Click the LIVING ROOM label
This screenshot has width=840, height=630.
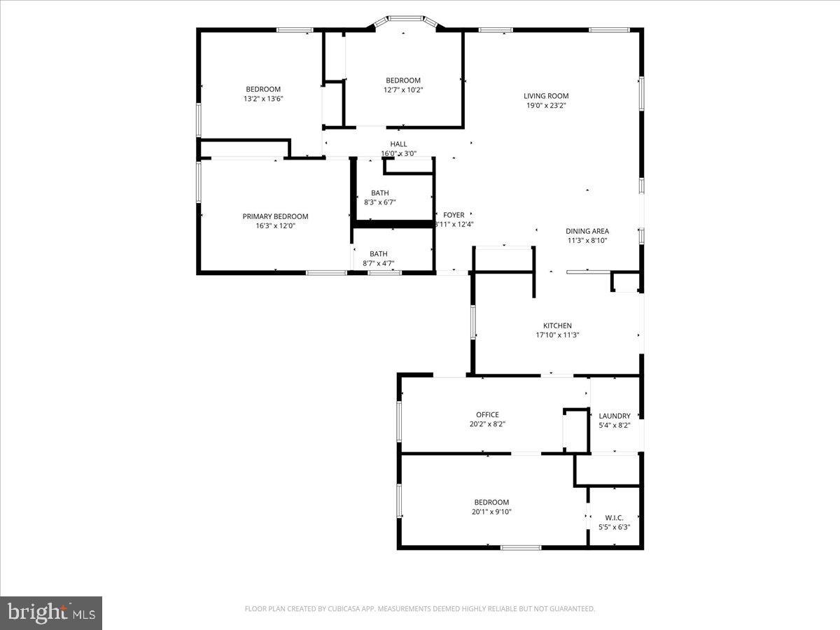[546, 96]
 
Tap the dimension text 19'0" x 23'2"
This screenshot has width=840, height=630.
[546, 106]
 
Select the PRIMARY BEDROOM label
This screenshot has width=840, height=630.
[275, 216]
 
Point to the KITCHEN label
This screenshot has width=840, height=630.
[557, 325]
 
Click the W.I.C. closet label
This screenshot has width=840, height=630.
[614, 517]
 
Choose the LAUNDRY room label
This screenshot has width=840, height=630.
[614, 416]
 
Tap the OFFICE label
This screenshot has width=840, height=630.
[487, 414]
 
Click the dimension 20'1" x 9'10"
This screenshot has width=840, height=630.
[491, 512]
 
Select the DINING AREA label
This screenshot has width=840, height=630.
[587, 231]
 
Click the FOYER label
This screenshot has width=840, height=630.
[454, 215]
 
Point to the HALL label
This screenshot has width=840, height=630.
[398, 144]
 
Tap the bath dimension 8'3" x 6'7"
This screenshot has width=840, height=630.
[380, 202]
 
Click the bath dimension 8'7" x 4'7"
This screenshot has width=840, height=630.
[379, 263]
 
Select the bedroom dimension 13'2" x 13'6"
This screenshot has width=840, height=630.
[262, 99]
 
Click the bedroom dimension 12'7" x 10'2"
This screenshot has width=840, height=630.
[402, 90]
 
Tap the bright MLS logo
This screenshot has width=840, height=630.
[51, 613]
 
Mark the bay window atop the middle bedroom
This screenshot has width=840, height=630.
[405, 20]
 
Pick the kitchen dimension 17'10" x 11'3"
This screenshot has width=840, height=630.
[557, 335]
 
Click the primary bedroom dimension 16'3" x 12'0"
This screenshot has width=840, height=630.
[275, 225]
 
